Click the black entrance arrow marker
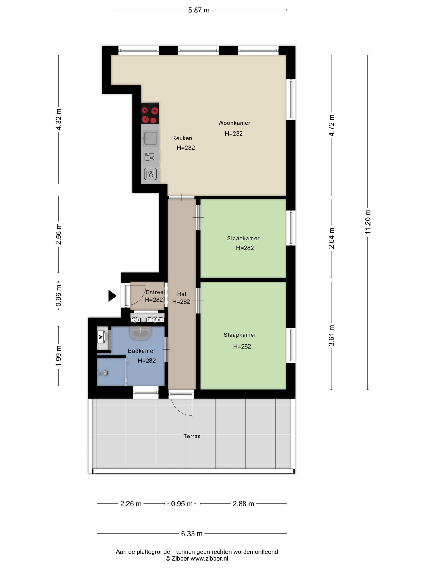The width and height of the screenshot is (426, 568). [112, 296]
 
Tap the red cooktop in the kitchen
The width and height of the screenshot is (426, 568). [150, 113]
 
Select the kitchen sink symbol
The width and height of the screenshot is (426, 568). [150, 138]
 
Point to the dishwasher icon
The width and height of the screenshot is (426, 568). [149, 157]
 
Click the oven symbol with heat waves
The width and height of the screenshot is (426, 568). [150, 174]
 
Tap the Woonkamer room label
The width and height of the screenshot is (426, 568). [234, 123]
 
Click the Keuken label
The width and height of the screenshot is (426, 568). [182, 138]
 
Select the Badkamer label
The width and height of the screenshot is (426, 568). [141, 351]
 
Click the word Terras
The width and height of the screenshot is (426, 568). [192, 436]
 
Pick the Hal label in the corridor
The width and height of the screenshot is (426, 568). [182, 294]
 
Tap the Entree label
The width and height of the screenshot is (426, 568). [154, 292]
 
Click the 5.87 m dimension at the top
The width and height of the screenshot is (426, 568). [199, 10]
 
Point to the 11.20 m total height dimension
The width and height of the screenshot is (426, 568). [368, 222]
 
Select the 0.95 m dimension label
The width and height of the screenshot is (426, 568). [182, 504]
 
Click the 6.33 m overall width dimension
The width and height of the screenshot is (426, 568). [192, 534]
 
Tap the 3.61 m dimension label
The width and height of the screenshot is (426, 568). [331, 336]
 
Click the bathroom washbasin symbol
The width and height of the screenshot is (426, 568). [140, 333]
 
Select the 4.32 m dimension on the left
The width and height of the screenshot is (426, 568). [59, 119]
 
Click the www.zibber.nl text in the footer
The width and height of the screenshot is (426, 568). [209, 559]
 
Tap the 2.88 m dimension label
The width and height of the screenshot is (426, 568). [243, 504]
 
